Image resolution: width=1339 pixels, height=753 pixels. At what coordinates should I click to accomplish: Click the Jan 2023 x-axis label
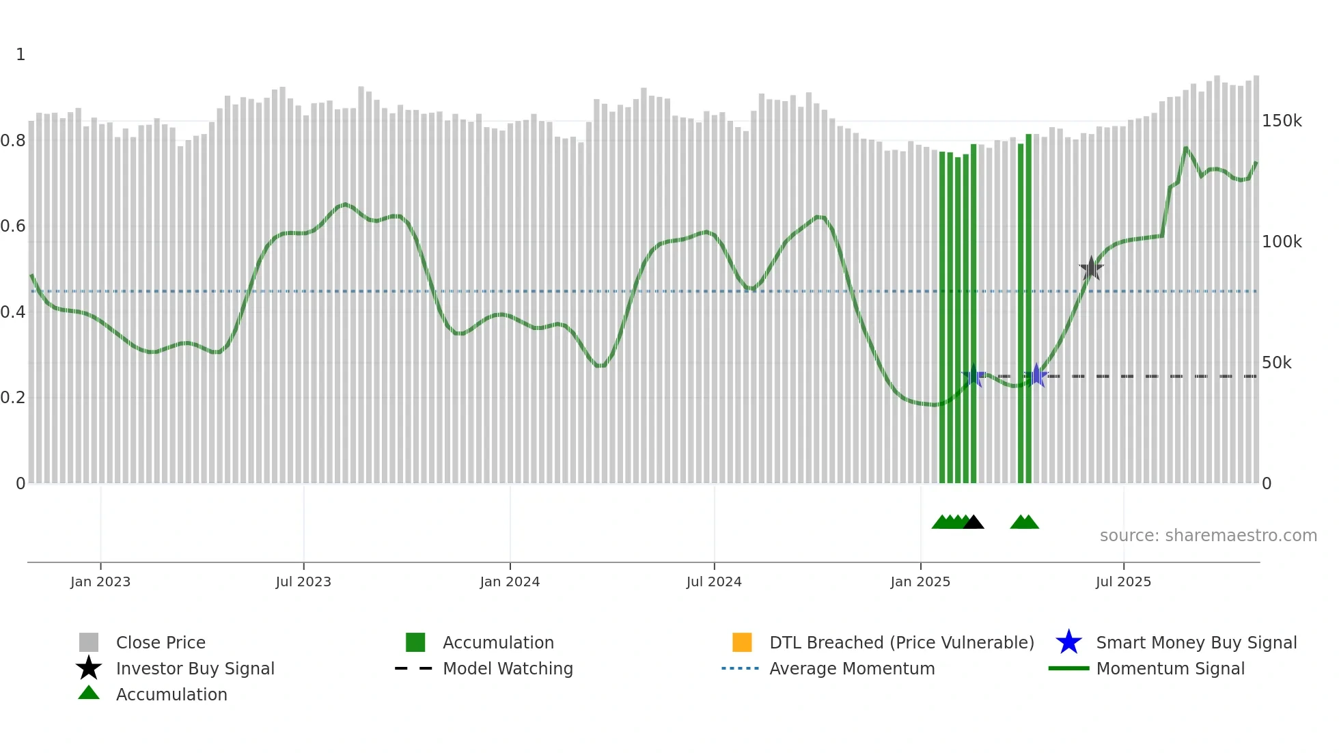(x=100, y=581)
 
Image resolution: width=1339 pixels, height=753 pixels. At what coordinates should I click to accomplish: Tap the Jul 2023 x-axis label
(x=303, y=581)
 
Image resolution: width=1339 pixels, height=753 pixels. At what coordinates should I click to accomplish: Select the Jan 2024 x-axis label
(x=510, y=581)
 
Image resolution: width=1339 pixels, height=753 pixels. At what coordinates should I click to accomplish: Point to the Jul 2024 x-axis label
(x=714, y=581)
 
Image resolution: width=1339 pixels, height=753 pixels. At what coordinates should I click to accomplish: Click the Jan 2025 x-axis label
(x=920, y=581)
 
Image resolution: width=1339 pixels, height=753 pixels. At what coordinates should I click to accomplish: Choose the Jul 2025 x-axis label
(x=1123, y=581)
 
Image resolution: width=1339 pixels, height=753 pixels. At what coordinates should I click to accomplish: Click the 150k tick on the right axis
(x=1282, y=121)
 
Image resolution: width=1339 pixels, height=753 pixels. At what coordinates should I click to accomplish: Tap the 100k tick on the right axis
(x=1282, y=242)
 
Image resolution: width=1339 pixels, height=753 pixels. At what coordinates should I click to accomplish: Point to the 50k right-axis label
(x=1276, y=363)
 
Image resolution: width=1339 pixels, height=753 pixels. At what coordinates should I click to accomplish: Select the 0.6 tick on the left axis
(x=13, y=226)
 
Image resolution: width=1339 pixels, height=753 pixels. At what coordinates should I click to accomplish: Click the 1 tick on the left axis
(x=20, y=55)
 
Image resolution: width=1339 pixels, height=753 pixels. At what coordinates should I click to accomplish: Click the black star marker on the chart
(x=1091, y=268)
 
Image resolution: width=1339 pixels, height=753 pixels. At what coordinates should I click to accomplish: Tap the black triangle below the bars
(x=974, y=522)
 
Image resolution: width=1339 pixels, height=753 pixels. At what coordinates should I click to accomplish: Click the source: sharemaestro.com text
(x=1208, y=536)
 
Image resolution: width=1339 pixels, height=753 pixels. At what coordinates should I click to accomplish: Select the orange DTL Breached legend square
(x=742, y=642)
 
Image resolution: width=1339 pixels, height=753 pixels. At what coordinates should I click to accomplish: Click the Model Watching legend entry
(x=507, y=668)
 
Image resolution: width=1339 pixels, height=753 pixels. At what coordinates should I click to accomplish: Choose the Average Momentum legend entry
(x=851, y=668)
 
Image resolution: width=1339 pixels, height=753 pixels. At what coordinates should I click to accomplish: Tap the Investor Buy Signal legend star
(x=89, y=668)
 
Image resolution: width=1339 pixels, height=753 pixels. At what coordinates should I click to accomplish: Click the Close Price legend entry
(x=160, y=642)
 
